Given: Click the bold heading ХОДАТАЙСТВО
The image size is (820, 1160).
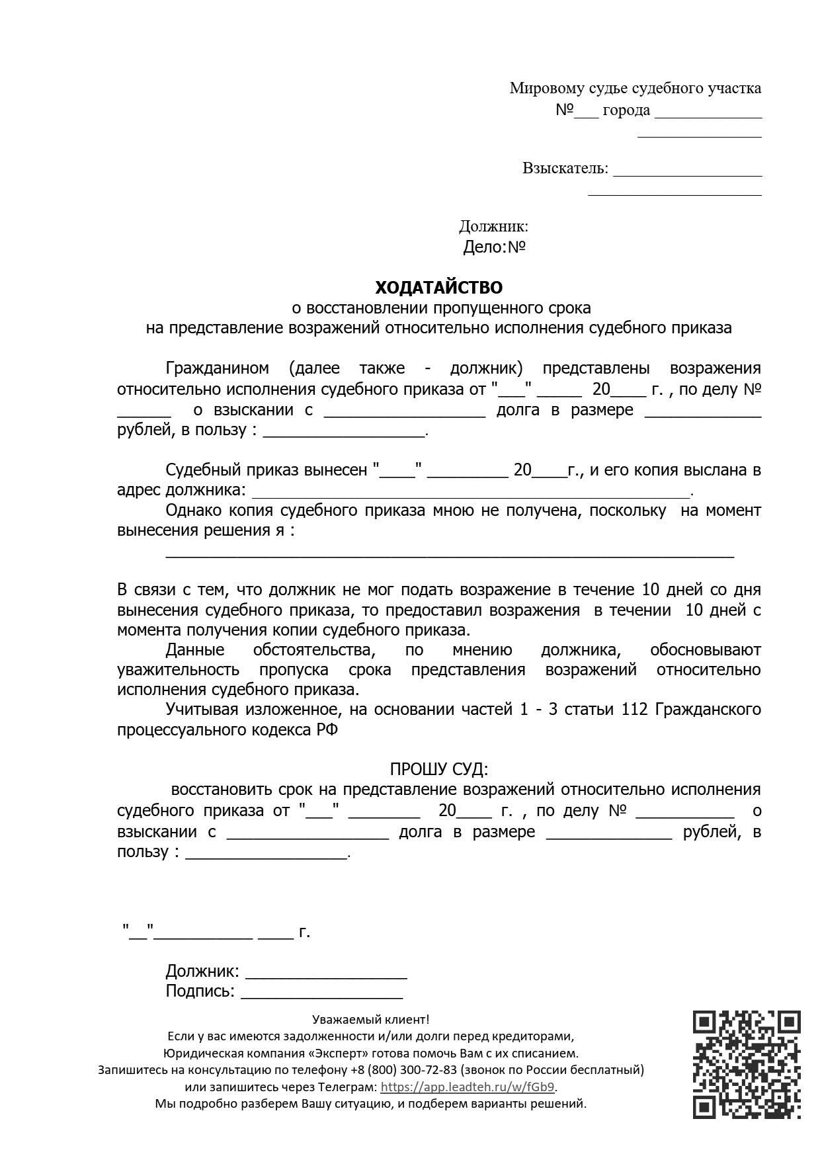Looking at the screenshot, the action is click(x=438, y=288).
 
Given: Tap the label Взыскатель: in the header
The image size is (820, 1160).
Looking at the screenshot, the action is click(x=565, y=168).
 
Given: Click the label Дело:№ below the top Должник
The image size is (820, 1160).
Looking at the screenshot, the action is click(x=494, y=247).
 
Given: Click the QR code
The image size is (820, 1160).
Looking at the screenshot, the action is click(x=747, y=1064).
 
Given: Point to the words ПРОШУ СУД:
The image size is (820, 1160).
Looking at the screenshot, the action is click(x=438, y=769).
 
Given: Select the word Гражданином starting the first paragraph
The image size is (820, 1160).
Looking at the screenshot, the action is click(x=217, y=368).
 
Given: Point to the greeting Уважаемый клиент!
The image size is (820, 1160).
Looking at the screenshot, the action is click(x=370, y=1020).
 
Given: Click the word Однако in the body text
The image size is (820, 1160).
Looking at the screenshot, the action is click(x=194, y=511).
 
